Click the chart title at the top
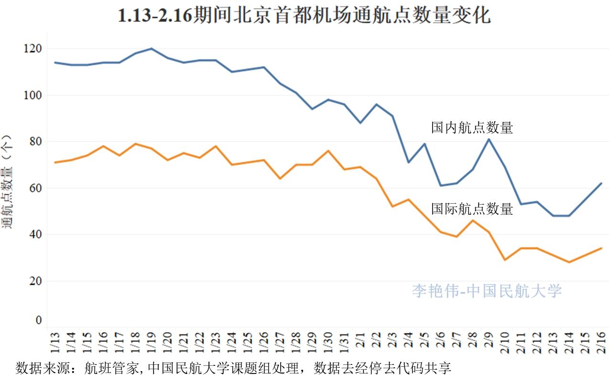304,16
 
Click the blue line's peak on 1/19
152,48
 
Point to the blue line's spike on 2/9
489,139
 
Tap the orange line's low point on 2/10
505,260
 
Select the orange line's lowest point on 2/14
569,262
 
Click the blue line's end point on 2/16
601,183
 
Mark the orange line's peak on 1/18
136,143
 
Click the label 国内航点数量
472,128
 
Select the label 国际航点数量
472,209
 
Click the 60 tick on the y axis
35,188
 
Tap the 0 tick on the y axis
38,320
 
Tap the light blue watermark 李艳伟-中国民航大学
487,291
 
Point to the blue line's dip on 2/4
408,163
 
